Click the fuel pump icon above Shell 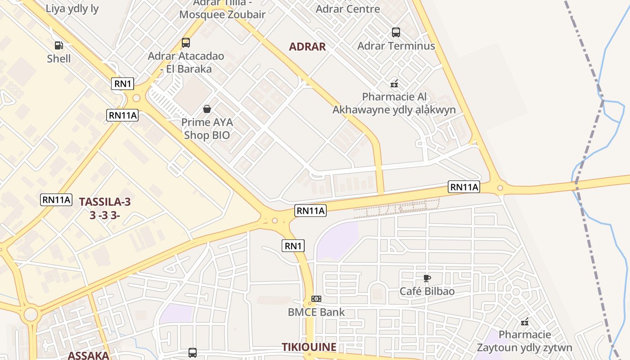(x=58, y=45)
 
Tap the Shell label (x=59, y=58)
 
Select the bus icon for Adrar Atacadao (x=185, y=43)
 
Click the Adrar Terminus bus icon (x=396, y=32)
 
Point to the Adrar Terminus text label (x=396, y=46)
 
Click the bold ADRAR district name (x=307, y=46)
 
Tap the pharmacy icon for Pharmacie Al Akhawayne (x=394, y=83)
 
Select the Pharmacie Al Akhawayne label (x=394, y=103)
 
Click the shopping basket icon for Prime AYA (x=207, y=108)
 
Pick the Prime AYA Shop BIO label (x=207, y=129)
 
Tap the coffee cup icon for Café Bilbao (x=427, y=278)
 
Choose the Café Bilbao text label (x=427, y=291)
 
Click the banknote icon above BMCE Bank (x=316, y=299)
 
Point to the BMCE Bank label (x=316, y=312)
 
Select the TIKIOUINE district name (x=309, y=347)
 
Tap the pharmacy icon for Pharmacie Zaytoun (x=525, y=322)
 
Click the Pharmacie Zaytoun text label (x=525, y=341)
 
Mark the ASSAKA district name (x=88, y=355)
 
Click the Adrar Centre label (x=348, y=9)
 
